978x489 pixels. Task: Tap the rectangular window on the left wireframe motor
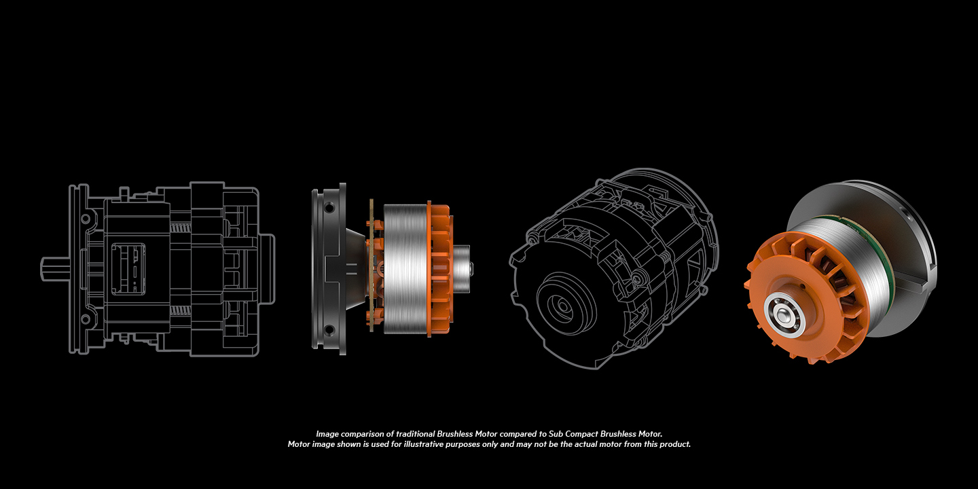pyautogui.click(x=128, y=268)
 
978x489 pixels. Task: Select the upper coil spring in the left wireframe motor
pyautogui.click(x=181, y=228)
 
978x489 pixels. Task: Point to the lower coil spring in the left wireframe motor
pyautogui.click(x=181, y=310)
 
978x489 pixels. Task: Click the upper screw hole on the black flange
pyautogui.click(x=329, y=208)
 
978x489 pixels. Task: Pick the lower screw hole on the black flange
pyautogui.click(x=329, y=329)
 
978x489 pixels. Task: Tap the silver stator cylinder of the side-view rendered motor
pyautogui.click(x=405, y=270)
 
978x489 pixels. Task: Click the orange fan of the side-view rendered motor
pyautogui.click(x=439, y=270)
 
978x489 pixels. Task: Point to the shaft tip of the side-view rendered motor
pyautogui.click(x=470, y=268)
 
